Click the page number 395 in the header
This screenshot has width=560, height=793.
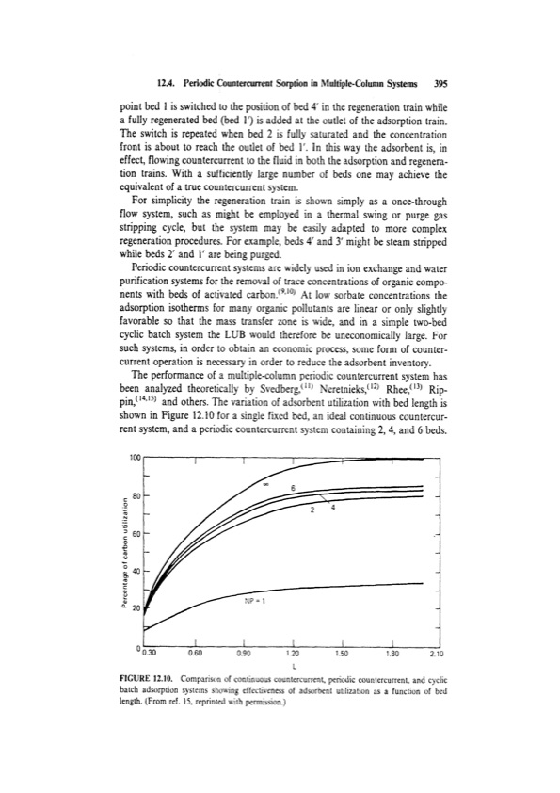point(439,82)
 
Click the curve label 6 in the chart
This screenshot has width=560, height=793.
point(293,487)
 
